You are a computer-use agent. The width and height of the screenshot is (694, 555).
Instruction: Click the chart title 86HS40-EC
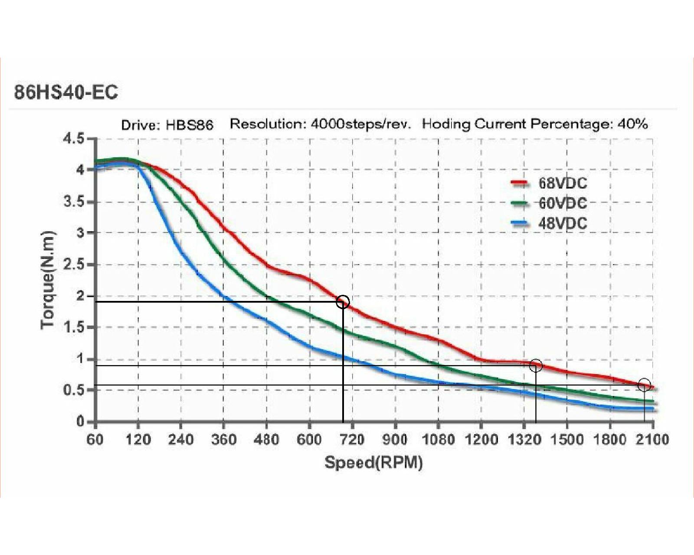point(66,92)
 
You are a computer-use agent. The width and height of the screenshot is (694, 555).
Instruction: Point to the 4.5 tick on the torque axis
point(74,139)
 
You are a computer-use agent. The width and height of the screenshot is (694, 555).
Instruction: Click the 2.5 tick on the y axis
point(74,264)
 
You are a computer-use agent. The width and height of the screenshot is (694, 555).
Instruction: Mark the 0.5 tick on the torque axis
point(74,390)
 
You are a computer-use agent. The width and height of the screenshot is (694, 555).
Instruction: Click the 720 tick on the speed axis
point(352,440)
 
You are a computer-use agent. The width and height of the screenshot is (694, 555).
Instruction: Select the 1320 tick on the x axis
point(524,440)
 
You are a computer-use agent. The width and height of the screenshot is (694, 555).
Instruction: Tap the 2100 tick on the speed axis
point(652,440)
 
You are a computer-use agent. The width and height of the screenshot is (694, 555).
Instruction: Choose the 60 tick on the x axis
point(95,440)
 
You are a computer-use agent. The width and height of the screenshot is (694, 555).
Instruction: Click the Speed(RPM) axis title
point(373,463)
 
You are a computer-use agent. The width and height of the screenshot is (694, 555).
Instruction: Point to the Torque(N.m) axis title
point(48,280)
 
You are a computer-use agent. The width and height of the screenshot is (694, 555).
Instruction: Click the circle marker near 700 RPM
point(343,302)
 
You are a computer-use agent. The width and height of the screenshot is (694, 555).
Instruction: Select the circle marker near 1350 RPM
point(536,366)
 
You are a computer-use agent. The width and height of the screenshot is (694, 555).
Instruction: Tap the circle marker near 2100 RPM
point(644,385)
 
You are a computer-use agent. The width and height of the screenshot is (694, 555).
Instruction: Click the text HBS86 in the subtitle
point(189,125)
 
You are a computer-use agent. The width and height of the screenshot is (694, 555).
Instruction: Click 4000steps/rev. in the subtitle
point(360,124)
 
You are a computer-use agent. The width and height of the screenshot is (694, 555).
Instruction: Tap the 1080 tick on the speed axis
point(438,440)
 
